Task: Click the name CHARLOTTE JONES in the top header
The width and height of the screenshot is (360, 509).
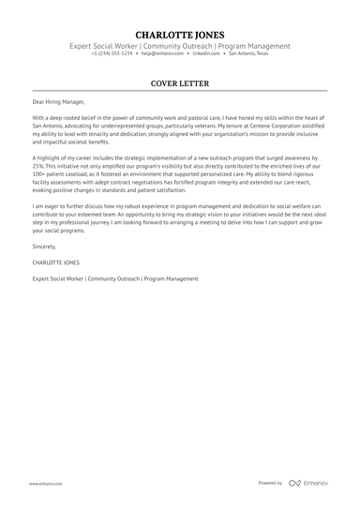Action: click(x=180, y=35)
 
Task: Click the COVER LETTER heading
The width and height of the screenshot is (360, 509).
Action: click(x=180, y=82)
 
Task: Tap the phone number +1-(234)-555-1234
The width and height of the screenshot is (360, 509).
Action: click(x=112, y=53)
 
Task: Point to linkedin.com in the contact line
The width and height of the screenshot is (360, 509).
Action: click(x=209, y=53)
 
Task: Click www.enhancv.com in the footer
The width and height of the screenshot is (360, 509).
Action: click(x=45, y=483)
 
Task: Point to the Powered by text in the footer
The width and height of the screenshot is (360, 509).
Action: click(x=270, y=483)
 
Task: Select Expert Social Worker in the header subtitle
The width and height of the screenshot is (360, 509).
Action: click(x=105, y=45)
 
